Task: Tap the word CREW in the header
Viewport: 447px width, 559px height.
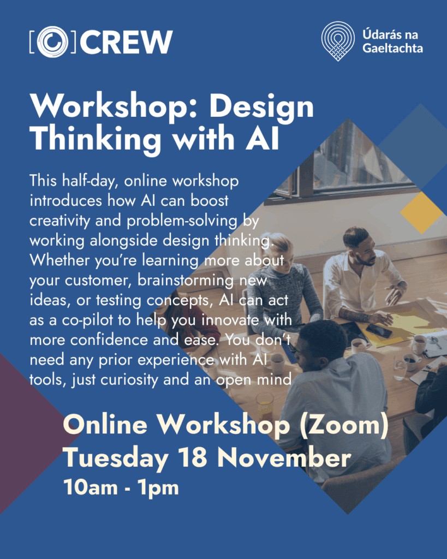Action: pyautogui.click(x=126, y=42)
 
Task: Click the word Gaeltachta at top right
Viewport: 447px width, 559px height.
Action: pyautogui.click(x=392, y=49)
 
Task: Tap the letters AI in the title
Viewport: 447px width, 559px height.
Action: pyautogui.click(x=262, y=138)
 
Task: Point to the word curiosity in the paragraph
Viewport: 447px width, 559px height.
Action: pyautogui.click(x=129, y=380)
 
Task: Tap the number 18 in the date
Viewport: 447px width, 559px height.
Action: pyautogui.click(x=193, y=457)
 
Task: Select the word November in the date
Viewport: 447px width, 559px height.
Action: pyautogui.click(x=284, y=457)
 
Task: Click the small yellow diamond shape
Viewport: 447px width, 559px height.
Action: pyautogui.click(x=421, y=213)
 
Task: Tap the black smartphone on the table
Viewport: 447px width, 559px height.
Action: pyautogui.click(x=379, y=331)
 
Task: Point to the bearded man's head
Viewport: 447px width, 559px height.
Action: pyautogui.click(x=359, y=245)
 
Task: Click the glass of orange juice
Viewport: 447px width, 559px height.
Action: pyautogui.click(x=264, y=406)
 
